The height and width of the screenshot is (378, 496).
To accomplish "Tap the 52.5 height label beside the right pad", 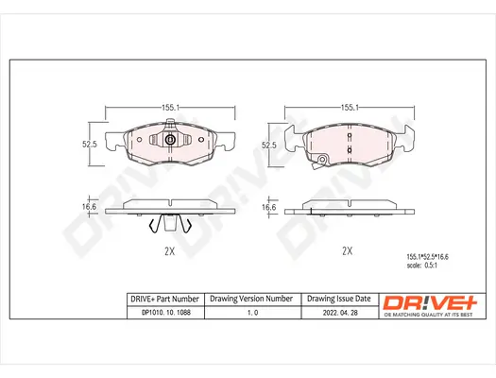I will pyautogui.click(x=268, y=145).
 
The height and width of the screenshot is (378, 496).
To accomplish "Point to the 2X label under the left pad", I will pyautogui.click(x=169, y=252).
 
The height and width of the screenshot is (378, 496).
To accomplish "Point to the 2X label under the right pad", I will pyautogui.click(x=347, y=251).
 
